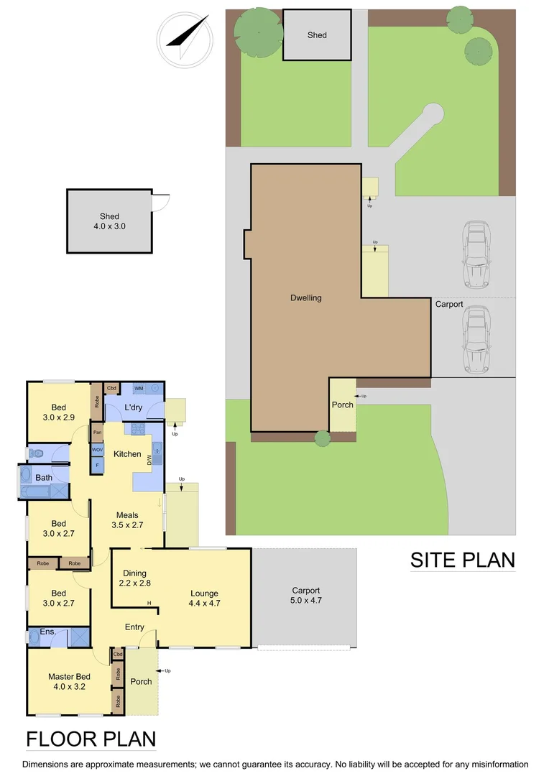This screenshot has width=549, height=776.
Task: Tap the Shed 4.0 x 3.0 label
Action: [109, 221]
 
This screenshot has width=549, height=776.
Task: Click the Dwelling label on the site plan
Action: [306, 297]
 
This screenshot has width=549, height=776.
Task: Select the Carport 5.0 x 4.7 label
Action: [305, 595]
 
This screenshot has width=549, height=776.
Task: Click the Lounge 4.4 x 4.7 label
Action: [204, 598]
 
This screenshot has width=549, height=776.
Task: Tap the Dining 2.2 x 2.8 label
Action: [134, 578]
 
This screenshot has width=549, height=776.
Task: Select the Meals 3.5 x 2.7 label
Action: [127, 519]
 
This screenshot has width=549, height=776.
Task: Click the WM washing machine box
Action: [139, 388]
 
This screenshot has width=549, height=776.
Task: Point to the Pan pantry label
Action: [96, 433]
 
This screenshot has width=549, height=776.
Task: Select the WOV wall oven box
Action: [97, 450]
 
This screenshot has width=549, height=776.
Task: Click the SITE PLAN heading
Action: [462, 560]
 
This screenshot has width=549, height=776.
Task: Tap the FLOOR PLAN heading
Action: [91, 739]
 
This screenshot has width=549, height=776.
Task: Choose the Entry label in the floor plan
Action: [134, 627]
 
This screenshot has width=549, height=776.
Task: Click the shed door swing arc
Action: [162, 202]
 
